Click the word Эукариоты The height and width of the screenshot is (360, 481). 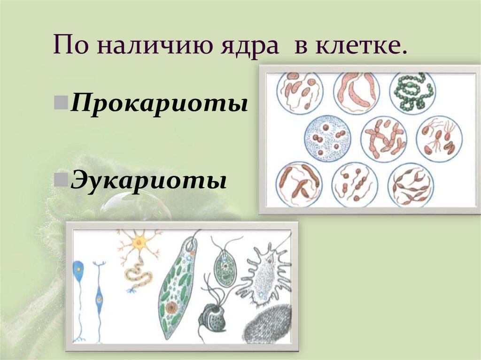[149, 180]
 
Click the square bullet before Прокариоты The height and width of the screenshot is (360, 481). [64, 101]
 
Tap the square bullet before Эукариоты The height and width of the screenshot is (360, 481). [64, 179]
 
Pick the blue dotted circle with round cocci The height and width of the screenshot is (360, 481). [327, 138]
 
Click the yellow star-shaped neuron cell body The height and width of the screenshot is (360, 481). [139, 243]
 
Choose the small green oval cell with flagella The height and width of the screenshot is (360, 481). [225, 269]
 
